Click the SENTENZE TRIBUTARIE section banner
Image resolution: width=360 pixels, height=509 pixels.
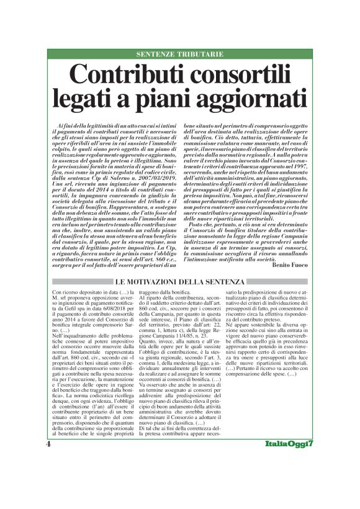point(180,54)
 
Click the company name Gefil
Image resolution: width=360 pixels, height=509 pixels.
point(69,302)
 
